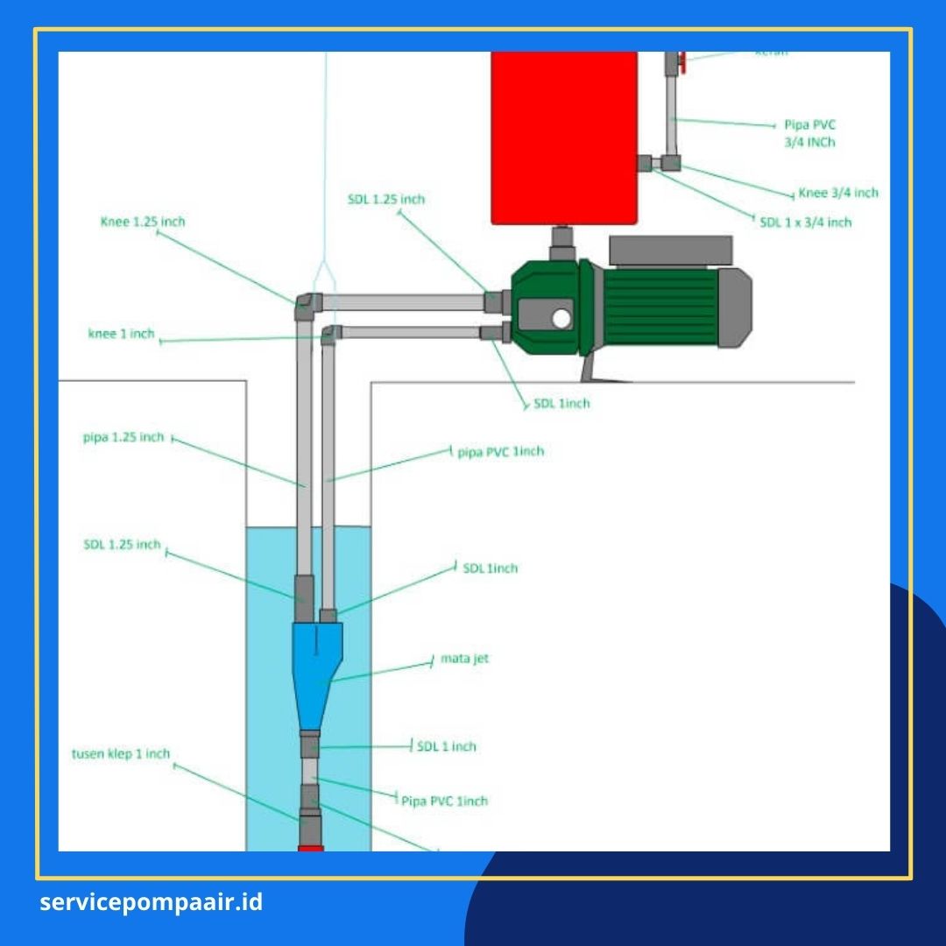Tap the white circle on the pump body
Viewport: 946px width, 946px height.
[x=560, y=318]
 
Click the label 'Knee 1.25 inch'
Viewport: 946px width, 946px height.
[x=143, y=222]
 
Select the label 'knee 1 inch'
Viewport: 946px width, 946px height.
[x=121, y=334]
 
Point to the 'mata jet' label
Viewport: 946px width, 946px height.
[x=464, y=658]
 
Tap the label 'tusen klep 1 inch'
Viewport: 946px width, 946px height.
[x=121, y=753]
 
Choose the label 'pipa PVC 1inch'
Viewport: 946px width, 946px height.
[x=501, y=451]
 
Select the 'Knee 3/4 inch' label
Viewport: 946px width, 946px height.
[x=838, y=193]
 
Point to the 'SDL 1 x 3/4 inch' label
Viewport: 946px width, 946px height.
[x=806, y=222]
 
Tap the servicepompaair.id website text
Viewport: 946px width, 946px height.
[x=151, y=902]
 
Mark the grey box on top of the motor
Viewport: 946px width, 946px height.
[x=671, y=250]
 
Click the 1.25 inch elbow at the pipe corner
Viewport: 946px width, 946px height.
[x=307, y=304]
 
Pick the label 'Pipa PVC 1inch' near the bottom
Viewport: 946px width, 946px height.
[x=444, y=801]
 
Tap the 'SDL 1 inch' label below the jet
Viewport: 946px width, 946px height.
[x=447, y=746]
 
